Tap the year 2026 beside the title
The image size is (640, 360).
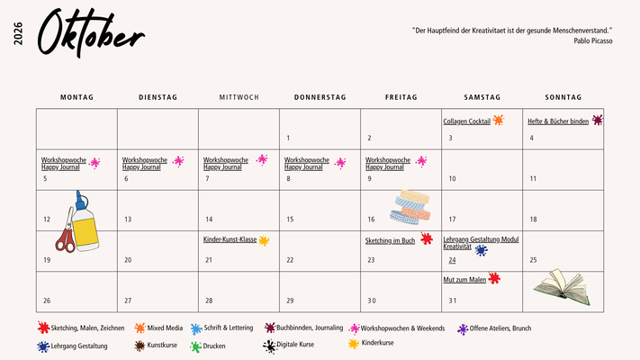(x=19, y=34)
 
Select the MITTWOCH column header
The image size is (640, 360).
(x=239, y=97)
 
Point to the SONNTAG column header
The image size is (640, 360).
(x=563, y=97)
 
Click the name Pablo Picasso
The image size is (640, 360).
(x=593, y=40)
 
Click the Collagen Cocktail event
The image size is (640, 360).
(x=467, y=121)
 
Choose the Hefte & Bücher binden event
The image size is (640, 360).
(x=558, y=121)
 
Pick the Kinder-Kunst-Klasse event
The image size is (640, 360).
(x=230, y=240)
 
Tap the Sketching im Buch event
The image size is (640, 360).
(x=390, y=240)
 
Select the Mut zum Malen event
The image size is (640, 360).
(x=464, y=280)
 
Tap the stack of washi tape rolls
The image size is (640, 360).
(x=412, y=207)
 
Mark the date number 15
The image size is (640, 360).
(x=290, y=219)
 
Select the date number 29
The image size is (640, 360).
(x=290, y=300)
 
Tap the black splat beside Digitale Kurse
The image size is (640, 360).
(x=269, y=346)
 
